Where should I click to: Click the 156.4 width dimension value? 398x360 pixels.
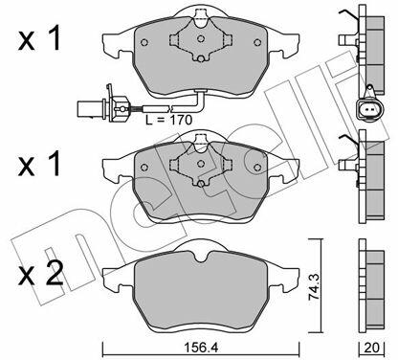click(x=201, y=348)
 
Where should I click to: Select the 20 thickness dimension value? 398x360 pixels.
click(x=371, y=348)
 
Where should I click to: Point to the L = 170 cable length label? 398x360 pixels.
click(x=168, y=120)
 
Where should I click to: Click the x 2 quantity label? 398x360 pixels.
click(x=40, y=274)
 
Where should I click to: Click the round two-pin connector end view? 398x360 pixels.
click(x=369, y=110)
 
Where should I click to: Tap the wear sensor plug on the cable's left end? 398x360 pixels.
click(x=102, y=105)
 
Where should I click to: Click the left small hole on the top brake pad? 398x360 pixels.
click(x=144, y=42)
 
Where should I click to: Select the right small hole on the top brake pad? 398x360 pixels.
click(x=257, y=42)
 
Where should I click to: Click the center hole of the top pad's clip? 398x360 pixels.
click(x=201, y=39)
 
